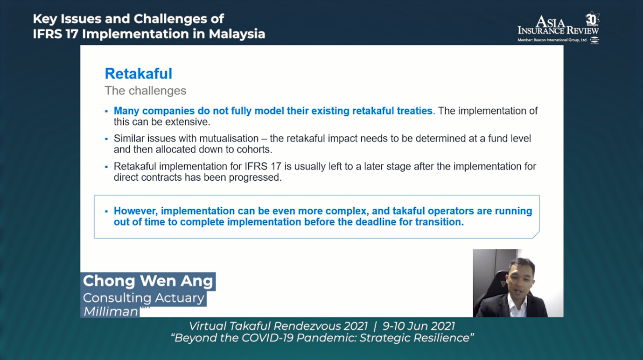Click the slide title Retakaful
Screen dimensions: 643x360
coord(139,74)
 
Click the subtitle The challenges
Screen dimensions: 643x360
coord(146,91)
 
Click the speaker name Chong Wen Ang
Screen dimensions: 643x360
coord(148,281)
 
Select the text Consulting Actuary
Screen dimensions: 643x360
coord(144,298)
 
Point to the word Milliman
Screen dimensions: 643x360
coord(111,311)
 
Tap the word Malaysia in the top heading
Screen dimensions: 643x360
coord(237,34)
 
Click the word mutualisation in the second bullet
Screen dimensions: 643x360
coord(229,139)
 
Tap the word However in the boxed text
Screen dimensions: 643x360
coord(136,211)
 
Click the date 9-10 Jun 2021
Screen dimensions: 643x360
coord(419,326)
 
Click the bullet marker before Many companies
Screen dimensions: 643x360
coord(106,112)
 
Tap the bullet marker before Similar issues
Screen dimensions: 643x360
coord(106,139)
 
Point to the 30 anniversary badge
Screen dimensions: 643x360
coord(592,19)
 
